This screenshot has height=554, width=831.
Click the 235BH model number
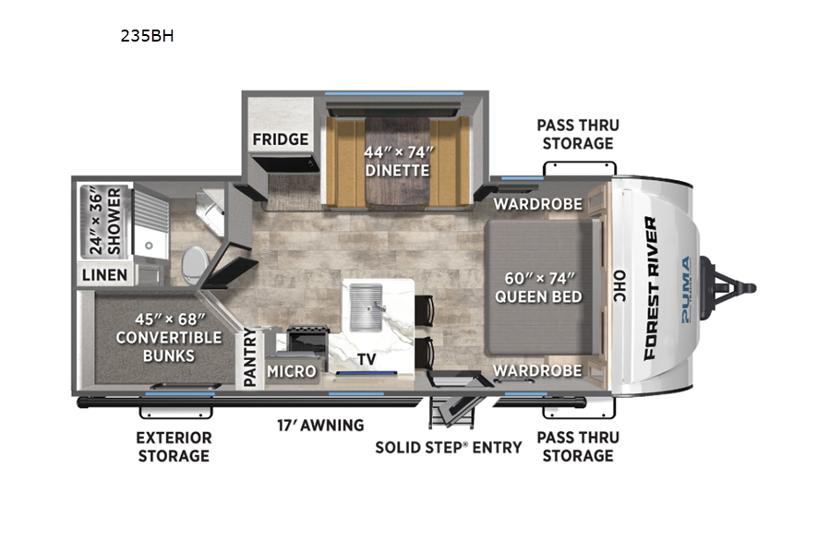(148, 35)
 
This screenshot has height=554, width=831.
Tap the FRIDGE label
(281, 139)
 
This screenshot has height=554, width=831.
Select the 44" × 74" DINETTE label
(397, 162)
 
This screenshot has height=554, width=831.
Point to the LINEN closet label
(105, 274)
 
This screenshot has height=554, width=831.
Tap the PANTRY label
(250, 356)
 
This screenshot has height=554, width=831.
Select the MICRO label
(292, 371)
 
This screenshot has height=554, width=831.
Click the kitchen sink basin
(367, 307)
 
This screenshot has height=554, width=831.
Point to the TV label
(367, 359)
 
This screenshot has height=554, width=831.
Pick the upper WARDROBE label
(538, 204)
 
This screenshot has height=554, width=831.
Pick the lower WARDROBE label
(538, 370)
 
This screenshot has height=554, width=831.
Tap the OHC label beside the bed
(619, 286)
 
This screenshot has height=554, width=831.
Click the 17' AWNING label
(320, 425)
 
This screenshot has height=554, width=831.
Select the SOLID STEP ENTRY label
(449, 448)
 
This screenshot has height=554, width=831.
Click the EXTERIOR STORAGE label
(174, 447)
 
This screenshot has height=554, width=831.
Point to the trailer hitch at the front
(729, 288)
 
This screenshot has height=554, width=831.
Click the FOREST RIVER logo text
(651, 289)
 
